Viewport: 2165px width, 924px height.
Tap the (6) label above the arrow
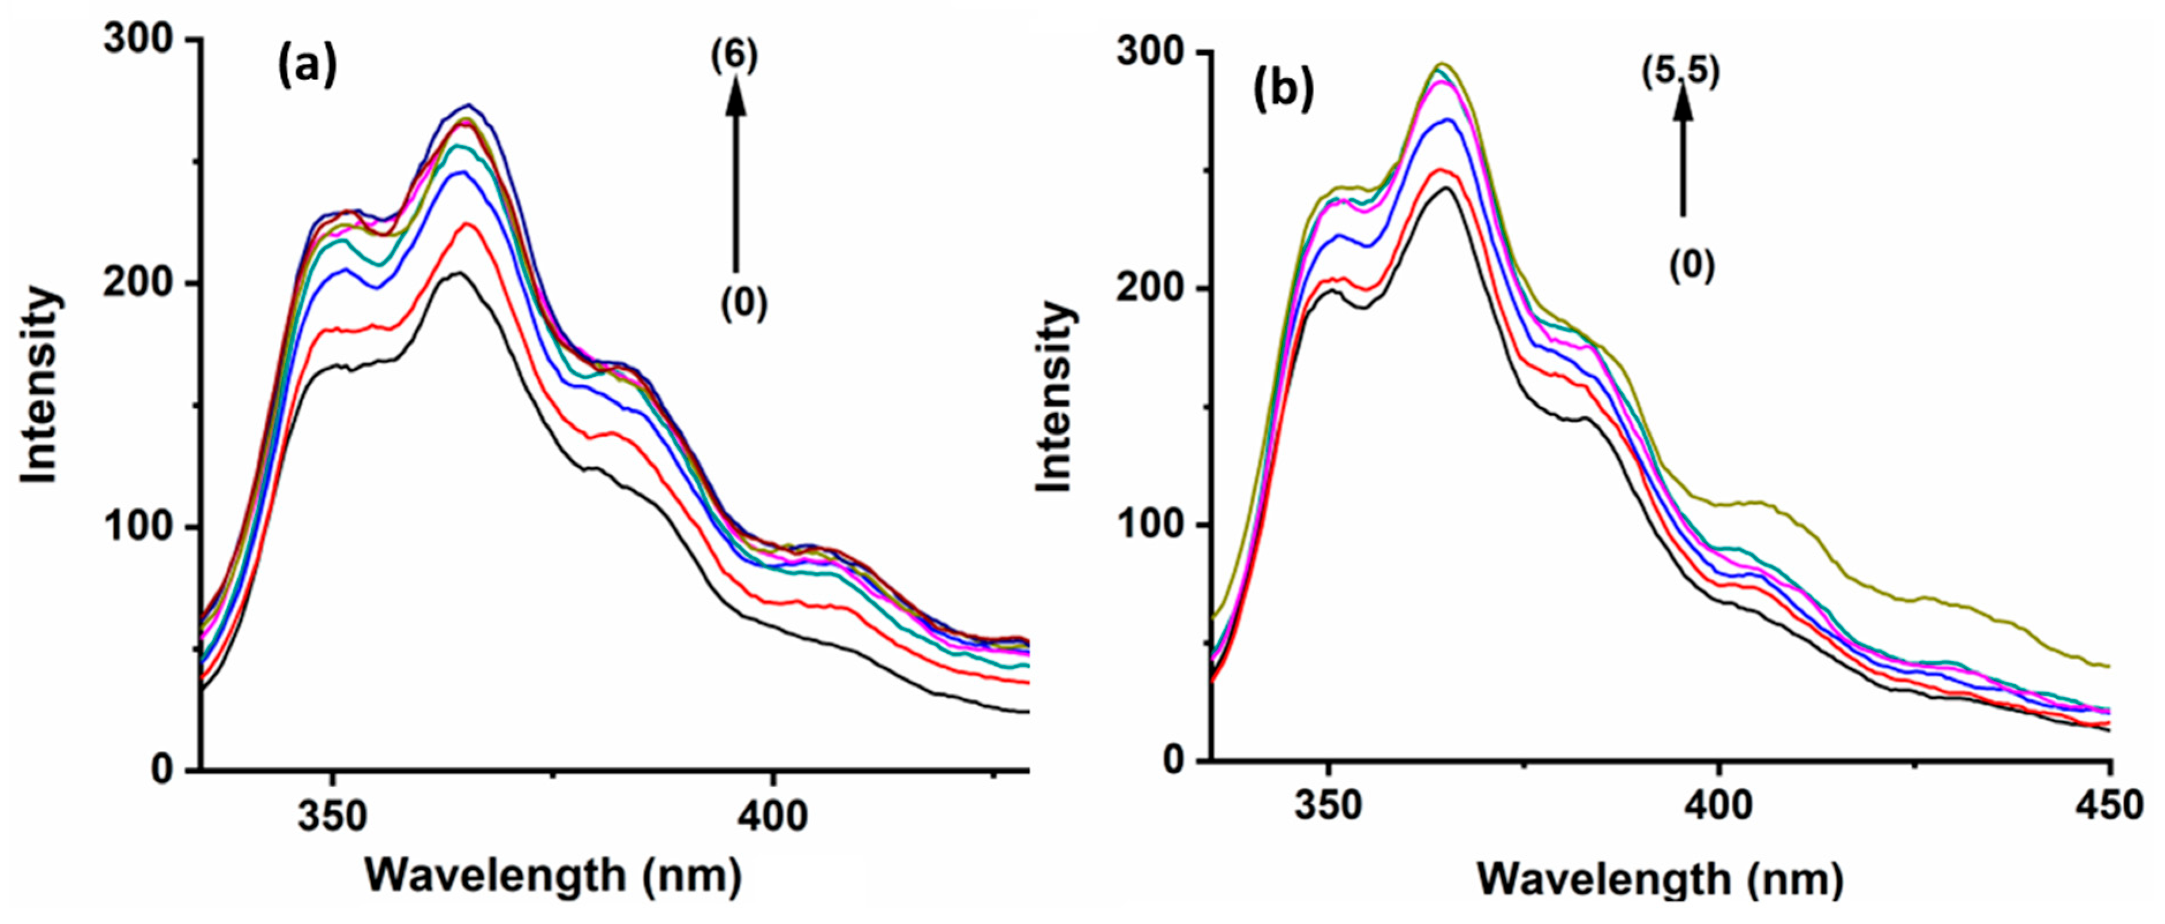(735, 56)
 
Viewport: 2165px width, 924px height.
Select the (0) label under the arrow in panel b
(1691, 266)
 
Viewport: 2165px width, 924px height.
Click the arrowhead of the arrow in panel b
(1683, 101)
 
